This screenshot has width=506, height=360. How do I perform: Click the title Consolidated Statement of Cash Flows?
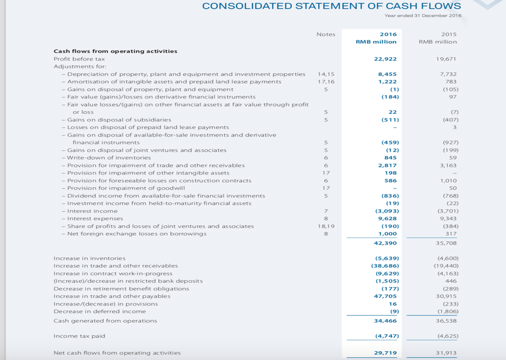tap(331, 6)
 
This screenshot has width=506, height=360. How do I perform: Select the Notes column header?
tap(325, 34)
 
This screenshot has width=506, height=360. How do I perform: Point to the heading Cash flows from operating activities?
tap(115, 51)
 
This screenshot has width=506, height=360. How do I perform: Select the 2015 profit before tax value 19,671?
tap(446, 59)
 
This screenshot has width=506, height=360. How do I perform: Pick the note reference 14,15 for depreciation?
tap(326, 74)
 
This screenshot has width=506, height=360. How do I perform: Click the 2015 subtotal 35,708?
tap(446, 243)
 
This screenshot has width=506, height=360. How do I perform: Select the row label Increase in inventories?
tap(82, 258)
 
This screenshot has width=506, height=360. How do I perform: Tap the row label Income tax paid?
tap(79, 336)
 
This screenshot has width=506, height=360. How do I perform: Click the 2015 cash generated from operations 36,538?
tap(446, 321)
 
